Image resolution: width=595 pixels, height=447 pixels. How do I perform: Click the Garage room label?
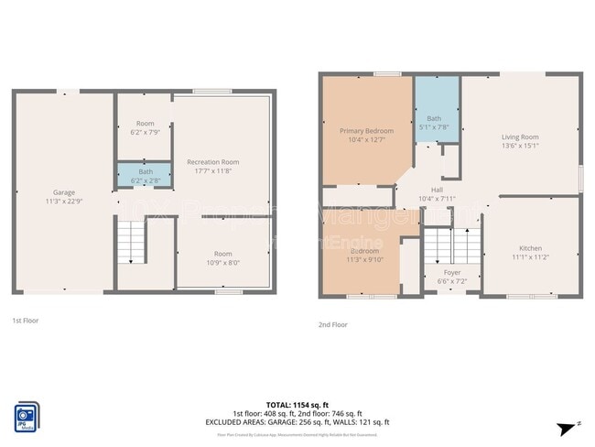click(x=63, y=192)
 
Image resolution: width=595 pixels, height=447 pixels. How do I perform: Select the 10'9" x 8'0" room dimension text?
click(x=222, y=263)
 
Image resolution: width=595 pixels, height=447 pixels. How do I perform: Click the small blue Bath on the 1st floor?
click(x=145, y=174)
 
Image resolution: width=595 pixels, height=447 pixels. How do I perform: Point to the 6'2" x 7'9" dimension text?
click(x=145, y=133)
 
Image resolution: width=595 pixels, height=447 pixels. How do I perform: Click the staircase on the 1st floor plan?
click(x=132, y=243)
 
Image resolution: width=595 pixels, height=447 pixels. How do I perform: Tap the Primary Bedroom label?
click(x=366, y=131)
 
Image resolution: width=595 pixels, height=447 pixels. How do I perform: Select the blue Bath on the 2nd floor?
click(x=436, y=108)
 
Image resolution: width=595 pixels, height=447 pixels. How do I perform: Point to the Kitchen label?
click(x=530, y=248)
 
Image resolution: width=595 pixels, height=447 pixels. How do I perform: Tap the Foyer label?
click(x=452, y=272)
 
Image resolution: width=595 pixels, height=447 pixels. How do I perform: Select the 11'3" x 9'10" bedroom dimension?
click(x=365, y=258)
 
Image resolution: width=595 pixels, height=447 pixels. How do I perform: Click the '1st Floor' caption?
click(x=25, y=321)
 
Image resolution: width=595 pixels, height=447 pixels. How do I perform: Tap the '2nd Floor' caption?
click(x=333, y=324)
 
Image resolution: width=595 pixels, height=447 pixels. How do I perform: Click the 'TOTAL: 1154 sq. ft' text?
click(x=297, y=404)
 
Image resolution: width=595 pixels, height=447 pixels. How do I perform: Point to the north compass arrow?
click(x=568, y=427)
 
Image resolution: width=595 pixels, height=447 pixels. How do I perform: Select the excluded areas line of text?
click(x=297, y=422)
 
